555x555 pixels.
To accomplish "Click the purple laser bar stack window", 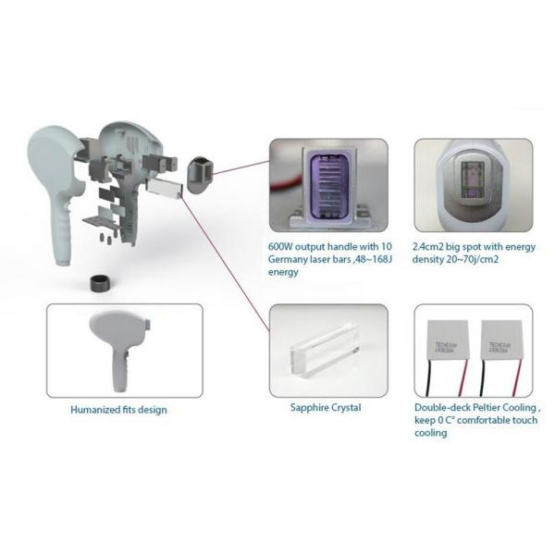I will click(x=327, y=182).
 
